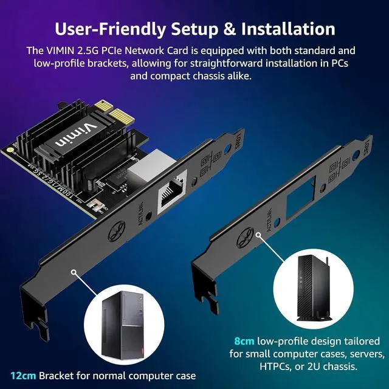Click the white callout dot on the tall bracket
tap(74, 274)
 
